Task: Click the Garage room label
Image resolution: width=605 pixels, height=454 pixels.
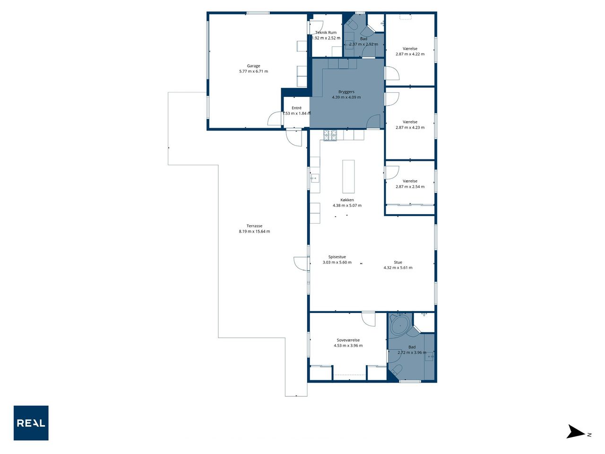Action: coord(253,66)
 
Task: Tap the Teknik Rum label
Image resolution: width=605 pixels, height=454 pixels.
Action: coord(326,33)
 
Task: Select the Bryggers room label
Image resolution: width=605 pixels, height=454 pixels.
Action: coord(346,92)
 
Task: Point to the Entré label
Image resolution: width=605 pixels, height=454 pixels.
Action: coord(296,108)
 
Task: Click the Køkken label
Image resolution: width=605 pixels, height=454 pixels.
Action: coord(347,200)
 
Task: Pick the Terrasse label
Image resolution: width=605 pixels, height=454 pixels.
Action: coord(254,226)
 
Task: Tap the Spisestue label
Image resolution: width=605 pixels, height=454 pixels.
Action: coord(337,257)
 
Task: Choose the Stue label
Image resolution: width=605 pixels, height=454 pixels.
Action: coord(398,262)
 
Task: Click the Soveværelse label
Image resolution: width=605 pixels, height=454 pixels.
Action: coord(348,340)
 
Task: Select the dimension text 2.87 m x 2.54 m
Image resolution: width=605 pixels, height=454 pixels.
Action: coord(410,187)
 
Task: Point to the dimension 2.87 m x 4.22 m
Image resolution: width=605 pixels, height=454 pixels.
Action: coord(410,54)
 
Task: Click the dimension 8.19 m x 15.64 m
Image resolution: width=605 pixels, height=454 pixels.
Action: coord(254,232)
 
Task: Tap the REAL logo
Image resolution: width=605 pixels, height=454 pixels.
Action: coord(31,423)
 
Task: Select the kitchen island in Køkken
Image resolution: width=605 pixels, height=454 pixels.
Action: coord(348,176)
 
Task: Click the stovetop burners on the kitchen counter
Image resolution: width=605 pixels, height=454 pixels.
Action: coord(330,135)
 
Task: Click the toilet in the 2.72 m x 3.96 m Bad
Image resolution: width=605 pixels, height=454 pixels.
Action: coord(398,370)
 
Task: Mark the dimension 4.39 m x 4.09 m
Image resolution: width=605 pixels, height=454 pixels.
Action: coord(346,97)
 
